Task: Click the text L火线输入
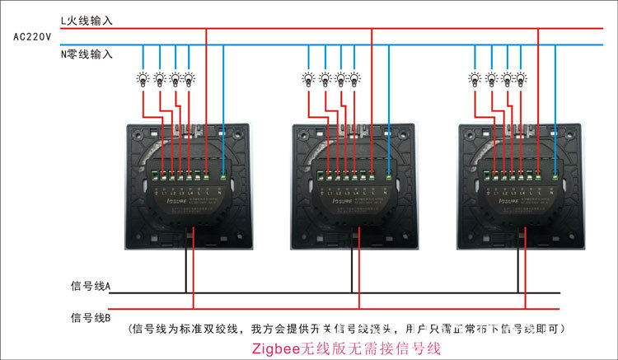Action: [x=87, y=20]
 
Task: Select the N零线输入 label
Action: [x=87, y=54]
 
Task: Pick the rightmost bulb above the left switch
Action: [x=189, y=79]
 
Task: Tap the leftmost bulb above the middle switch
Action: [x=309, y=79]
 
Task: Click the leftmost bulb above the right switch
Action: [x=475, y=79]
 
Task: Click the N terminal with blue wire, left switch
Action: [x=223, y=174]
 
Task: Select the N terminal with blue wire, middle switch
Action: [x=389, y=174]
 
